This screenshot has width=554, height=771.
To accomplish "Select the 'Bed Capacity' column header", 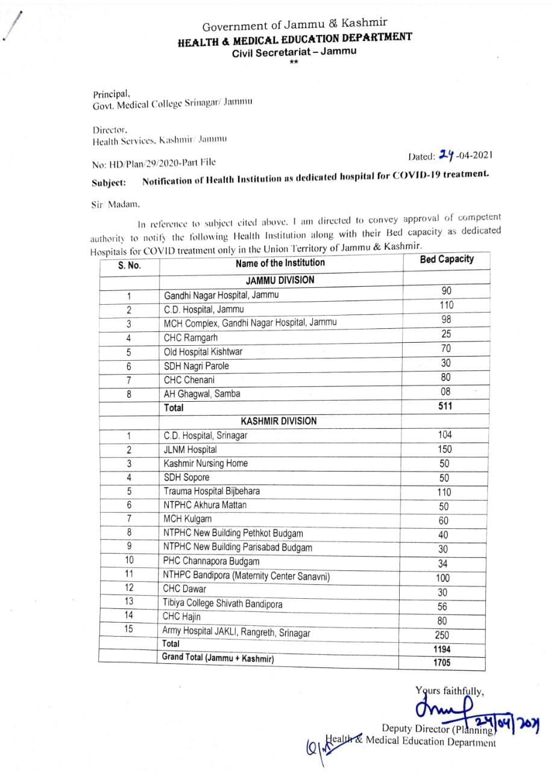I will point(446,260).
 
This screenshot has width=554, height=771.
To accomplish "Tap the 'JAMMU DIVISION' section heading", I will point(280,280).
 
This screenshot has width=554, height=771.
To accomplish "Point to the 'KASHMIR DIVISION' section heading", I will point(280,421).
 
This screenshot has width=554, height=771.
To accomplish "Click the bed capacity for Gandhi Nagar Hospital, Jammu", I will point(446,291).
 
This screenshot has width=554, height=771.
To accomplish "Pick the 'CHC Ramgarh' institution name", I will point(191,337).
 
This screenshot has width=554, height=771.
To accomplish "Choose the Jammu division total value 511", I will point(446,407).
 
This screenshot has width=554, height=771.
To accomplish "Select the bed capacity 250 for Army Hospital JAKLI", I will point(442,635).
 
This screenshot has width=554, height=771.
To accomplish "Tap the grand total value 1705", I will point(442,663).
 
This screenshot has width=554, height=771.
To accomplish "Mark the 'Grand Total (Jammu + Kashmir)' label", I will point(218,658).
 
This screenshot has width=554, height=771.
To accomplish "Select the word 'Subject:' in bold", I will point(109,182).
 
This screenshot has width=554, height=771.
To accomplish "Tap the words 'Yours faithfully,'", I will point(449,691).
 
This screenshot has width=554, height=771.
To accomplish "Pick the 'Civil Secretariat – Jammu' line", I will point(294,52).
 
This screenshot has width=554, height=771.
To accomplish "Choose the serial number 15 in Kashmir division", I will point(128,629).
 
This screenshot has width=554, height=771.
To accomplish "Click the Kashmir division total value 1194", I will point(442,649).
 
